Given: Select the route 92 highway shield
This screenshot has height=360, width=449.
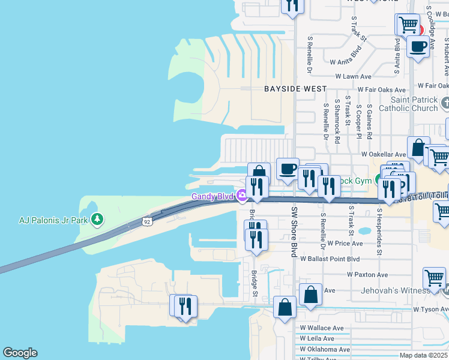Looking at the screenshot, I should click(x=146, y=222).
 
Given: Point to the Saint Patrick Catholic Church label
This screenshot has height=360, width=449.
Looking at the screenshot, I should click(x=414, y=104).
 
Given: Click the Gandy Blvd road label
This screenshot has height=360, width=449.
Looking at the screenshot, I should click(x=212, y=196).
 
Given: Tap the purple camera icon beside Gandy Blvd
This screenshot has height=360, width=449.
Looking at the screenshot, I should click(x=241, y=194).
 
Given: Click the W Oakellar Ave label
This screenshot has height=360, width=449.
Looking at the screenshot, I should click(x=384, y=154).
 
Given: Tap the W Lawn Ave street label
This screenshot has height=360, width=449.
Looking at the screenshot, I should click(x=353, y=77).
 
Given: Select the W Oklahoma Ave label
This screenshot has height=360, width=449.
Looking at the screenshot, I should click(x=325, y=349).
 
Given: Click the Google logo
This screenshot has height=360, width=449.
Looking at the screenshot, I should click(x=20, y=353).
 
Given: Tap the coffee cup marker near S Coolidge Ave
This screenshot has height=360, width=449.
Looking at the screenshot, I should click(x=418, y=46).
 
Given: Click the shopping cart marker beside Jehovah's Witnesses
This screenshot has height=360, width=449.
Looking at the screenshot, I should click(x=434, y=278).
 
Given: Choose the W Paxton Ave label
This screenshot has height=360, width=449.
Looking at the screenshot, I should click(x=367, y=274).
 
